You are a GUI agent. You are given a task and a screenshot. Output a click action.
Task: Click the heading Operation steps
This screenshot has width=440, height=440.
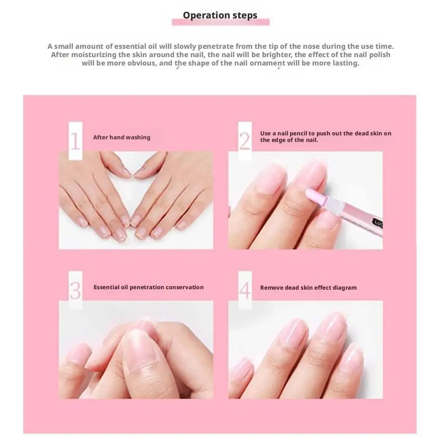220,15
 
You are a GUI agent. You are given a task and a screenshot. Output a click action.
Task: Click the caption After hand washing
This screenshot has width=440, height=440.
122,137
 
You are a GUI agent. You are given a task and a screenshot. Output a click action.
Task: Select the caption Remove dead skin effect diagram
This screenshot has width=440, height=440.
308,287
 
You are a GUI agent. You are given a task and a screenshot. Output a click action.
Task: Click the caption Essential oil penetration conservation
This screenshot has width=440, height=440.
149,287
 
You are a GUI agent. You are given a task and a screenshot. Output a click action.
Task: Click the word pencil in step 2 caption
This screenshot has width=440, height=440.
298,134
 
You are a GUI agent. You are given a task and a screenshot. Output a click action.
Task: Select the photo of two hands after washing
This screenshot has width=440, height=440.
136,200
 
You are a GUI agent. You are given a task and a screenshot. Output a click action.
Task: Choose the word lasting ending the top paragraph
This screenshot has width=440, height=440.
345,63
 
